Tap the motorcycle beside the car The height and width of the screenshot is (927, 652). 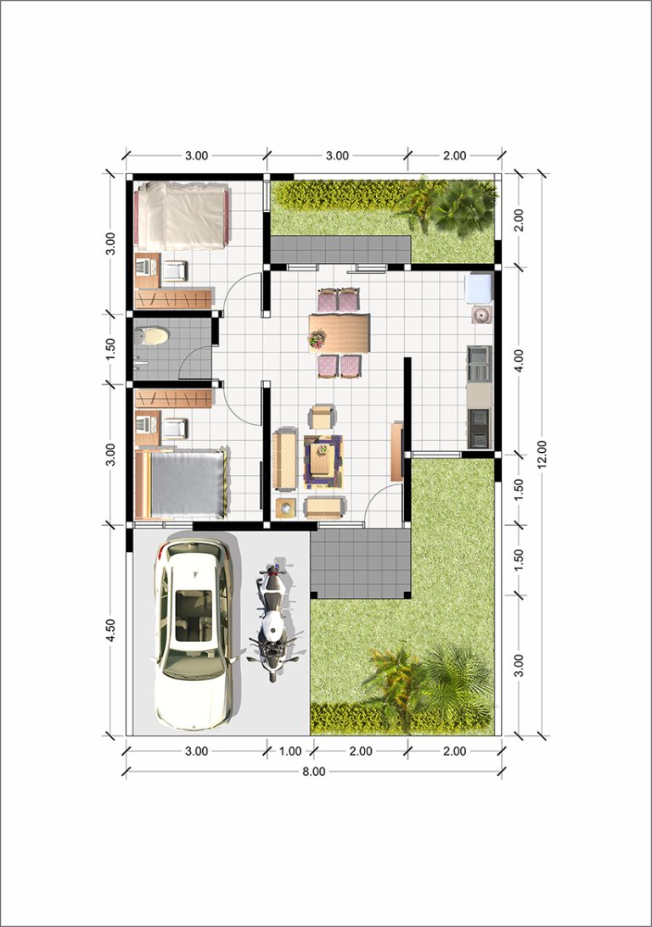pos(272,621)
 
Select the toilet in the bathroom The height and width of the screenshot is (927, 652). pos(151,337)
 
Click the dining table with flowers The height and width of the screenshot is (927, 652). pos(339,332)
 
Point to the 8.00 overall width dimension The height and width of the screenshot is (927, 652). pos(313,772)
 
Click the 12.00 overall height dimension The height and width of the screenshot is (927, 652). pos(542,454)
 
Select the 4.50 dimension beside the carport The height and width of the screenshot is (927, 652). pos(110,630)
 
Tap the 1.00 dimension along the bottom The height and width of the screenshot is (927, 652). pos(289,751)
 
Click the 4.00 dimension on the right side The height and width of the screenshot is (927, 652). pos(519,360)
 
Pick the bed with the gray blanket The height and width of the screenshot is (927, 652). pos(181,483)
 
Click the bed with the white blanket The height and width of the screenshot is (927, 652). pos(183,215)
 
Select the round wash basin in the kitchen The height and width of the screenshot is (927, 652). pos(482,316)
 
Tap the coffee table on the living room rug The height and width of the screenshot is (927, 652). pos(322,459)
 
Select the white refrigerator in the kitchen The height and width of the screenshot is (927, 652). pos(480,288)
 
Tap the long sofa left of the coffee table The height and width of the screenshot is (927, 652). pos(284,460)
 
